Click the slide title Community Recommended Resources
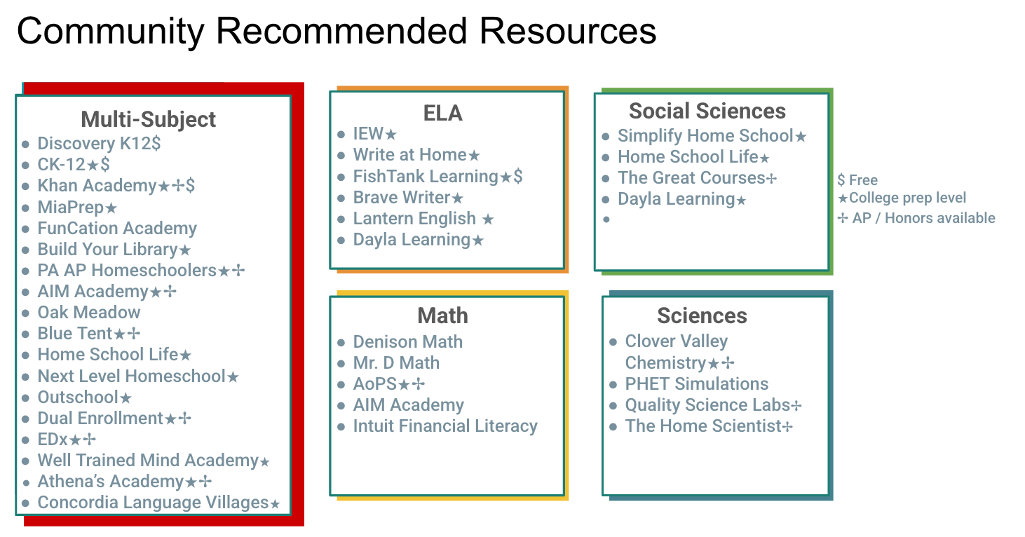[x=337, y=32]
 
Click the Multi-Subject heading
[x=149, y=119]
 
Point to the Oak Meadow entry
[x=88, y=313]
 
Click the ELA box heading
[x=442, y=114]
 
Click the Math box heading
[x=442, y=316]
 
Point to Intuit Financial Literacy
[x=445, y=426]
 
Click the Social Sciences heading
[x=707, y=111]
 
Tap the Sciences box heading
[x=702, y=316]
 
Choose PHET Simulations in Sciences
[x=696, y=384]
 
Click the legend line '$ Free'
[x=857, y=180]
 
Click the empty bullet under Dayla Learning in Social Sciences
[x=606, y=219]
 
